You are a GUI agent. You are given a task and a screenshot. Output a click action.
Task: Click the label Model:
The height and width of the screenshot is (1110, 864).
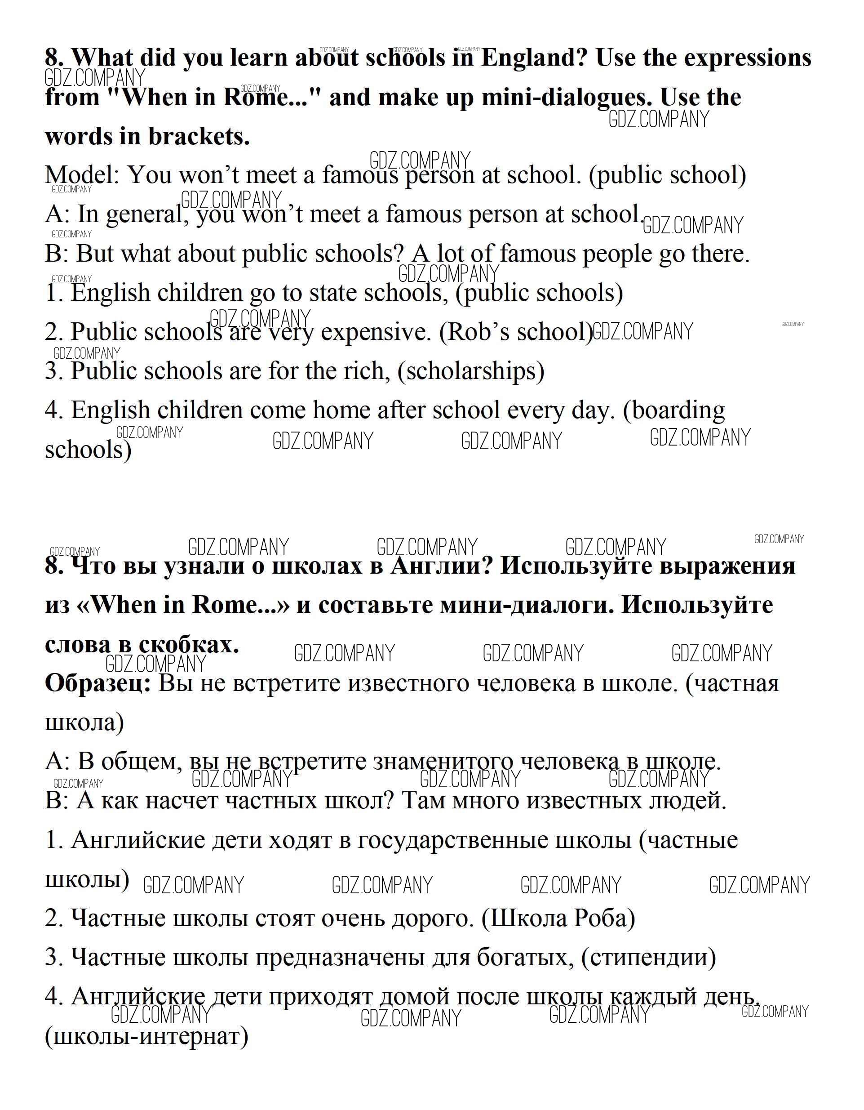(82, 175)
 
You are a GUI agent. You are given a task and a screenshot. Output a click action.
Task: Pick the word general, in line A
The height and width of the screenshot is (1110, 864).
(145, 215)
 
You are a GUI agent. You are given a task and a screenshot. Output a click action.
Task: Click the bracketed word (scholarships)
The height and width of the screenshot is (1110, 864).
(471, 371)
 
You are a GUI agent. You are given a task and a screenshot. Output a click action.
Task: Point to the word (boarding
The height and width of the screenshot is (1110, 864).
(674, 410)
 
